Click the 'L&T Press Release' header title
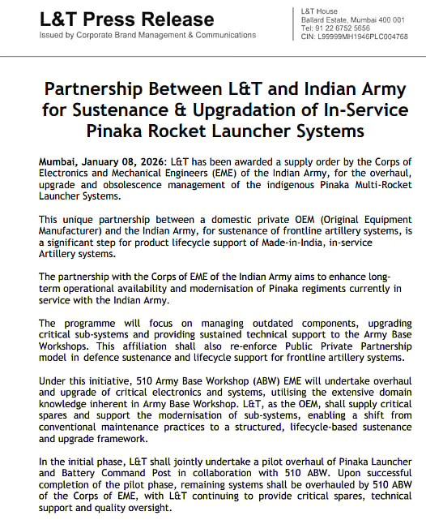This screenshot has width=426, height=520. pyautogui.click(x=127, y=19)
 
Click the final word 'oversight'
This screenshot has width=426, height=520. pyautogui.click(x=145, y=508)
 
